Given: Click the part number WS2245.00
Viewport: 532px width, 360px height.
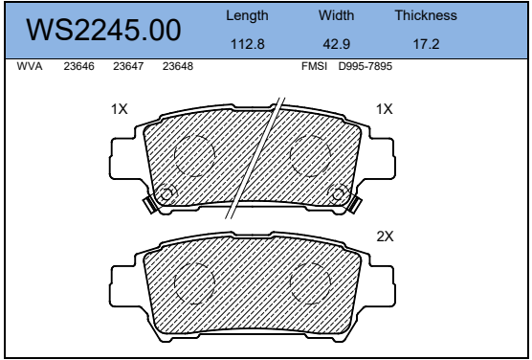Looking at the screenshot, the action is (x=103, y=31).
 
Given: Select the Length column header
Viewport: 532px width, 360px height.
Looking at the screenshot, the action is (x=247, y=16).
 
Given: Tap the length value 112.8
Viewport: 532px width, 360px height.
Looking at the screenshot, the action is (x=247, y=44).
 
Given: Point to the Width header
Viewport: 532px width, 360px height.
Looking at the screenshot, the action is (x=336, y=15).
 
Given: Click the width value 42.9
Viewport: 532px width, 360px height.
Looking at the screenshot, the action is (x=336, y=44).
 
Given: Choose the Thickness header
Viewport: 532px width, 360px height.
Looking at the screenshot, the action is (x=426, y=15).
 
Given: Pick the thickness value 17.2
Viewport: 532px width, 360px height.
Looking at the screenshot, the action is (x=426, y=44).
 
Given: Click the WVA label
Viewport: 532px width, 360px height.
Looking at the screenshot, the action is (x=30, y=66).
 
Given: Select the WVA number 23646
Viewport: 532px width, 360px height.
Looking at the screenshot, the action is (x=79, y=66).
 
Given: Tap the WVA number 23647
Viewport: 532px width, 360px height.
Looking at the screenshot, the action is (x=128, y=66).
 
